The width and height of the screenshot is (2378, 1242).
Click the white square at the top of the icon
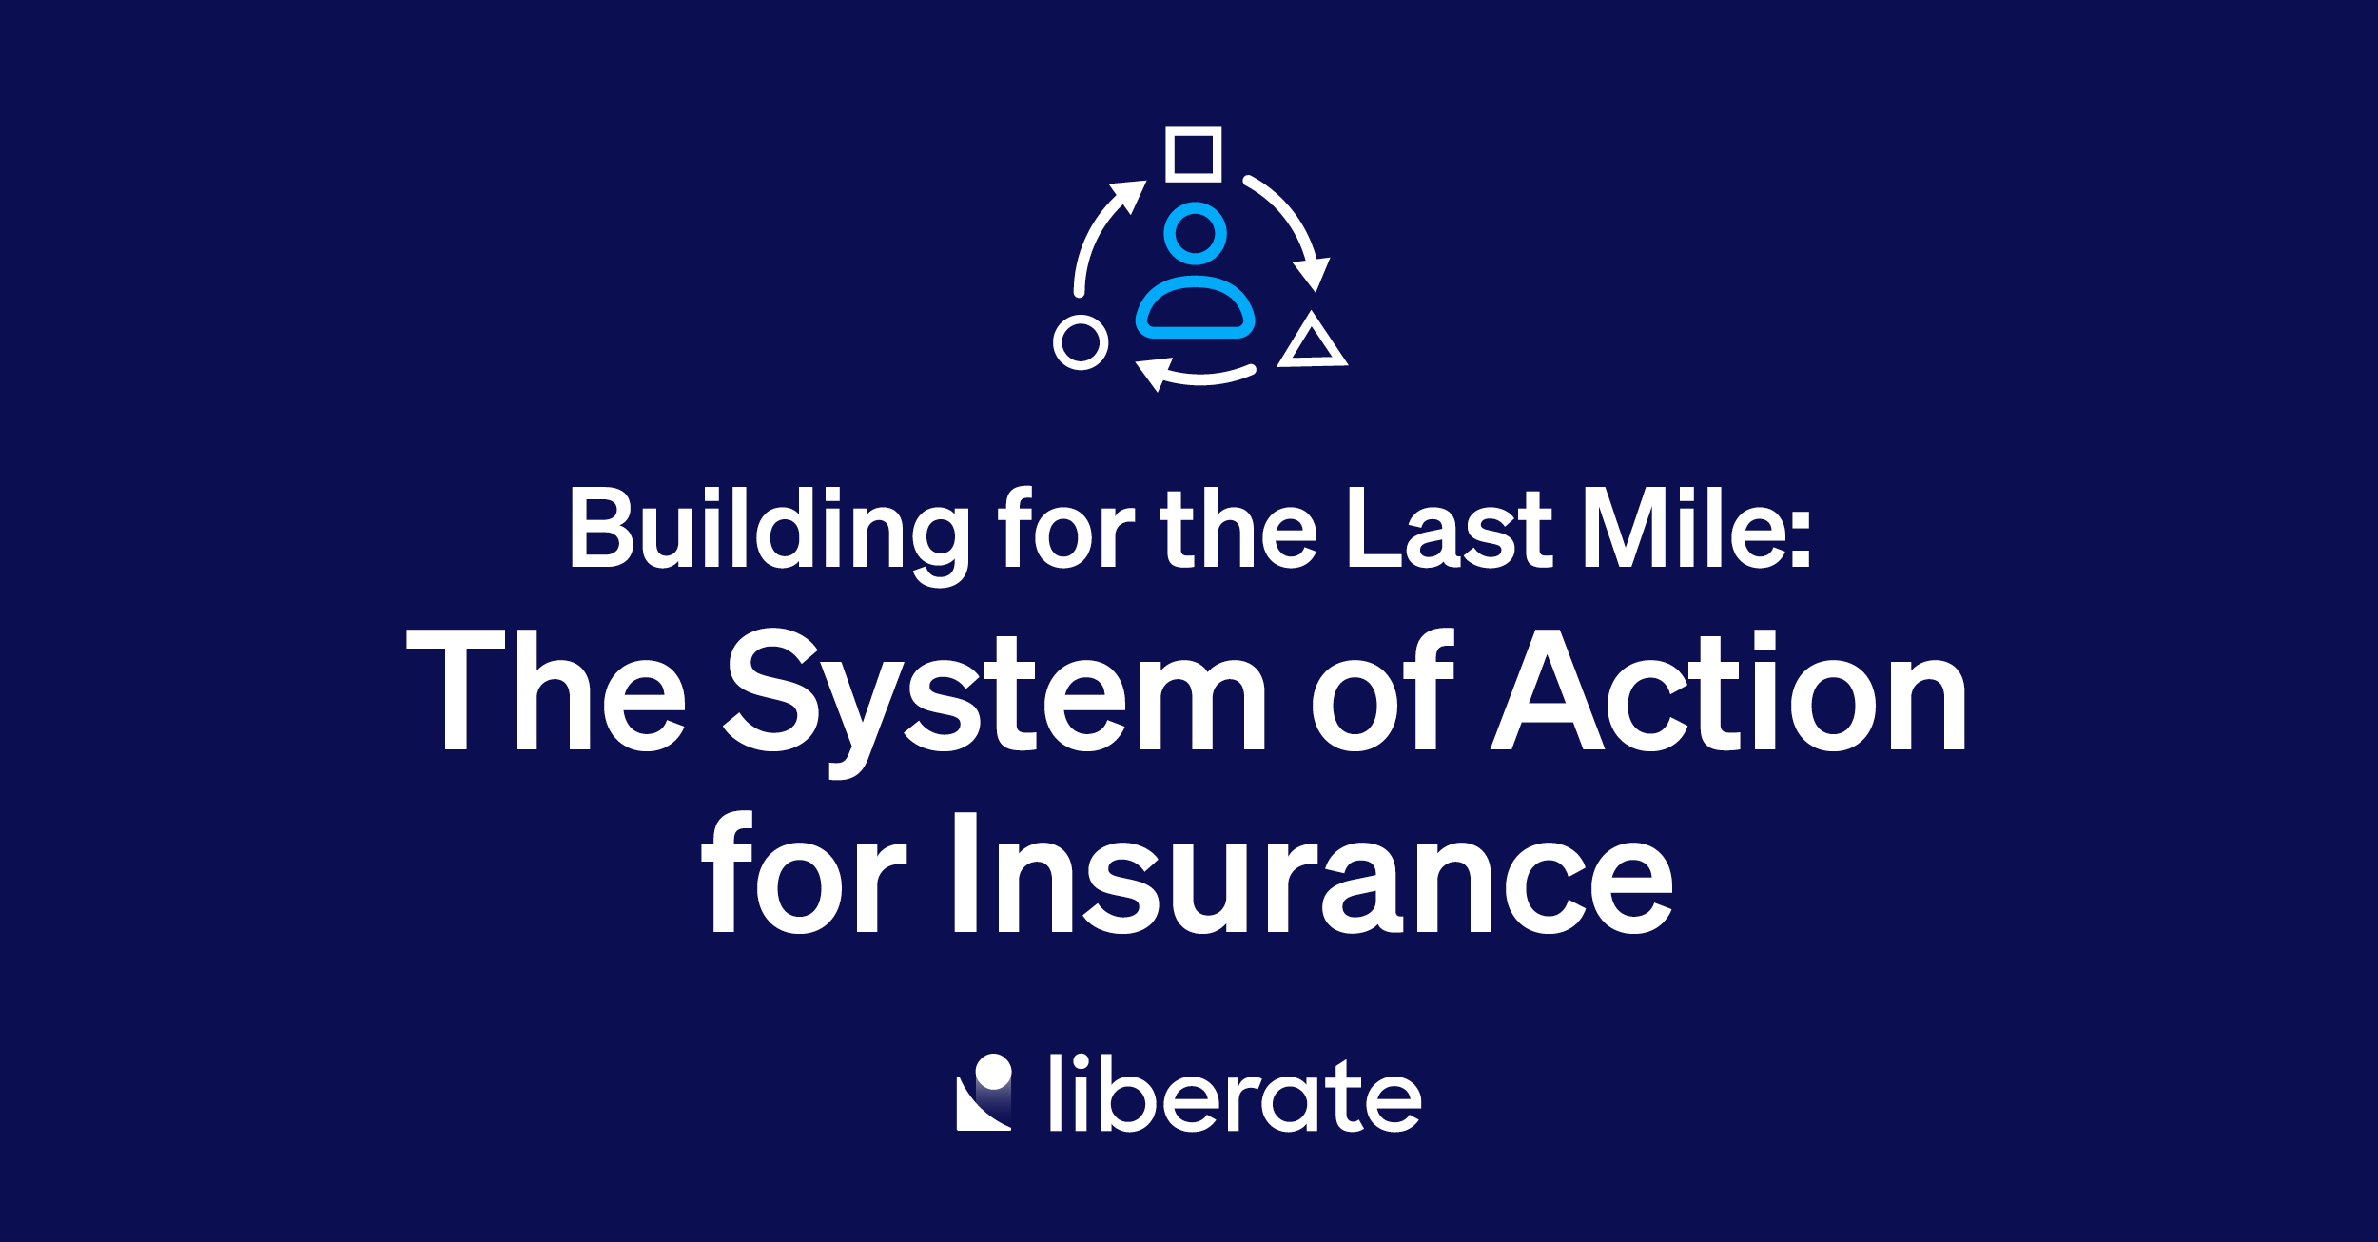tap(1193, 154)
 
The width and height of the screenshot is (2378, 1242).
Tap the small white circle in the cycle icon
tap(1081, 342)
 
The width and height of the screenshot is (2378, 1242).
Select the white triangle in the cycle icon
tap(1312, 342)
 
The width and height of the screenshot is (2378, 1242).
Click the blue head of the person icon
tap(1195, 233)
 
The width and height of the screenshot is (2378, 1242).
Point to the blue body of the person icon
tap(1195, 308)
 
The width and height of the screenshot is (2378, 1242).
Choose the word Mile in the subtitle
tap(1682, 529)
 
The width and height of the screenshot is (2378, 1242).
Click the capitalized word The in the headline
tap(546, 690)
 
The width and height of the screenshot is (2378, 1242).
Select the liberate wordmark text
tap(1235, 1095)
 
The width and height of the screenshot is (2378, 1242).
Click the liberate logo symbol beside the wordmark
tap(984, 1093)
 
